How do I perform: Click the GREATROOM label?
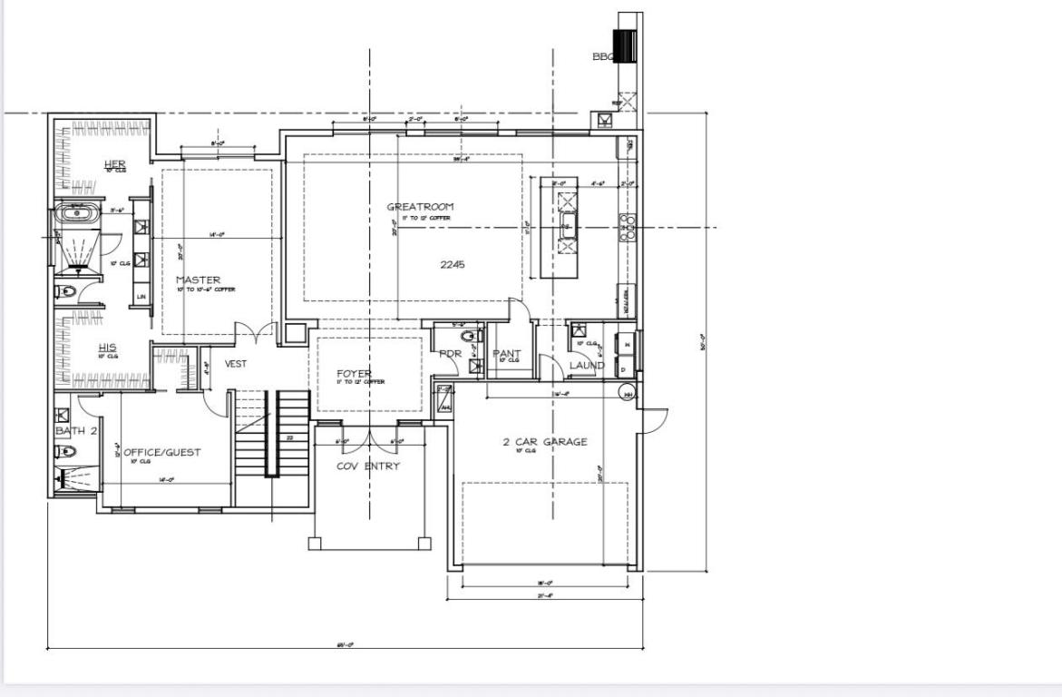tap(420, 207)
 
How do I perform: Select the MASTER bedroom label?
tap(198, 280)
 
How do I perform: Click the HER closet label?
tap(115, 163)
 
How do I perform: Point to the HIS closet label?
tap(107, 348)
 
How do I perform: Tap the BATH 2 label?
tap(76, 430)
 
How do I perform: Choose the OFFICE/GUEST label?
tap(162, 452)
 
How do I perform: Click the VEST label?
tap(236, 364)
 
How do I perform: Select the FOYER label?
tap(354, 373)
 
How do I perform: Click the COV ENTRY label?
tap(368, 466)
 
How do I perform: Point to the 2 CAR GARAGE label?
tap(545, 442)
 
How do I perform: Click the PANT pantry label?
tap(506, 353)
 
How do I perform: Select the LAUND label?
tap(586, 366)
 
